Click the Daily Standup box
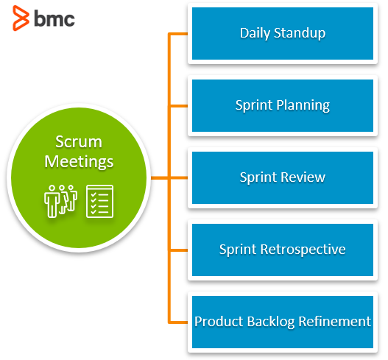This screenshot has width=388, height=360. (x=283, y=33)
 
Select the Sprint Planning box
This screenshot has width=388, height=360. (x=283, y=106)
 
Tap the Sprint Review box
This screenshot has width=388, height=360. (x=283, y=177)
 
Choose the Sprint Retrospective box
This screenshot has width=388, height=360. (x=283, y=250)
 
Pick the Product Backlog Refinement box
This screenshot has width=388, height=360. (x=283, y=322)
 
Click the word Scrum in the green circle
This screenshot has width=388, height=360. (x=79, y=142)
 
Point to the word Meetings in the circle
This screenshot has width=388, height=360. (x=79, y=162)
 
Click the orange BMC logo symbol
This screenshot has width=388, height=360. (x=21, y=18)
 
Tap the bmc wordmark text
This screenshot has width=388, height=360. (x=54, y=18)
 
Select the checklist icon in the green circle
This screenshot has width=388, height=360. (x=99, y=201)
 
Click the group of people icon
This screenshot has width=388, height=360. (x=60, y=201)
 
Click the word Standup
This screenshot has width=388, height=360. (x=300, y=33)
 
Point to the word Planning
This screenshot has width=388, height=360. (x=303, y=106)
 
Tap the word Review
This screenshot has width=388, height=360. (x=303, y=177)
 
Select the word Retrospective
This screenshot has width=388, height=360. (x=303, y=250)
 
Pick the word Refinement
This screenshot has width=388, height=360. (x=335, y=322)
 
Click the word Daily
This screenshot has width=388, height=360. (x=255, y=33)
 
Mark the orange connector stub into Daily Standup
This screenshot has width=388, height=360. (x=178, y=34)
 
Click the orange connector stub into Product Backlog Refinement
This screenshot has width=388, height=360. (x=178, y=322)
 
